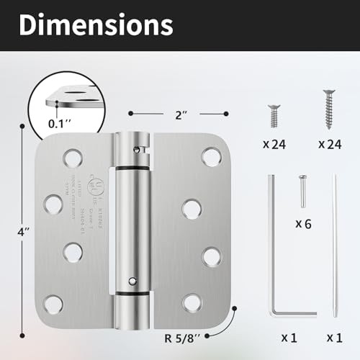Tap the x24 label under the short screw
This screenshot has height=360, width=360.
275,144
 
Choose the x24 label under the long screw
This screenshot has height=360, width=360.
330,144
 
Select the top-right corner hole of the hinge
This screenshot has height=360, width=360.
210,156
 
